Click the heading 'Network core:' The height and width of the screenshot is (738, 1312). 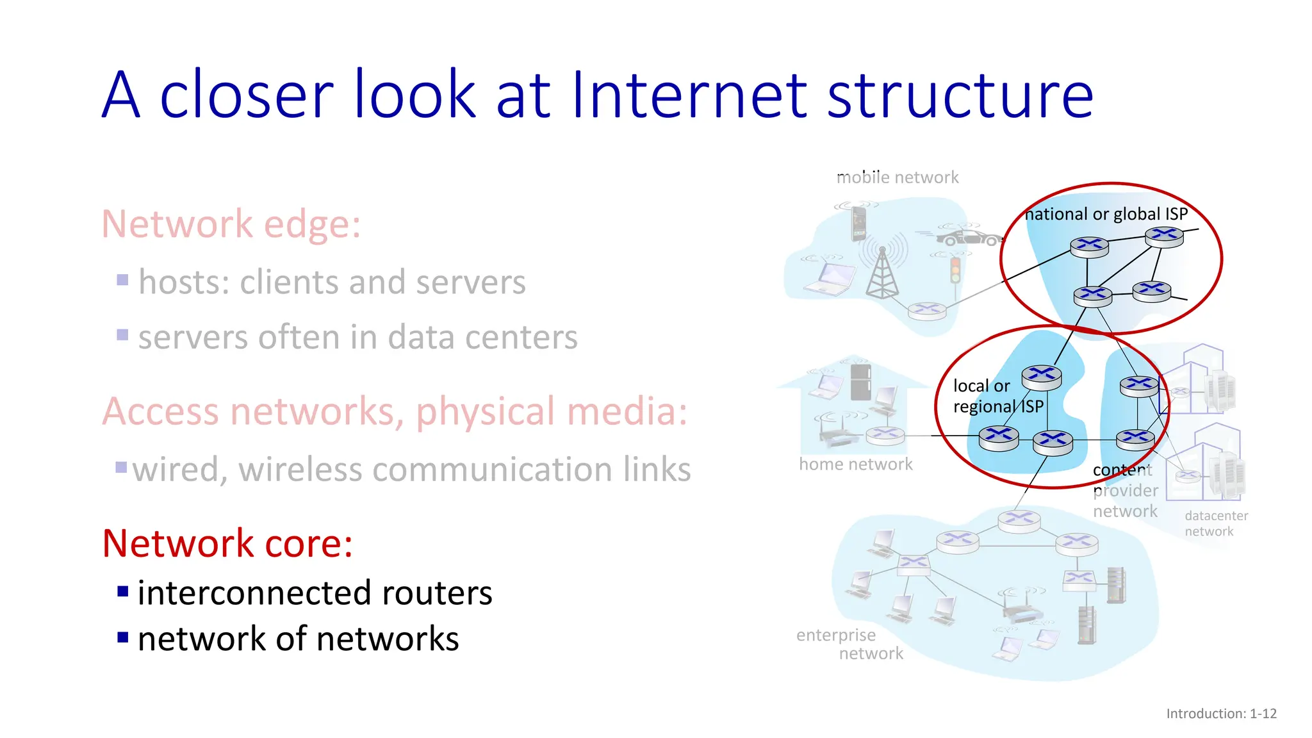click(x=227, y=543)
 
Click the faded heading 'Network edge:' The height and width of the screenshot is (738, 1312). click(x=231, y=224)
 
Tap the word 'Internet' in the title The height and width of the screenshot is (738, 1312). click(x=689, y=95)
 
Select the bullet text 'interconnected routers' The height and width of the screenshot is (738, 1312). click(x=315, y=593)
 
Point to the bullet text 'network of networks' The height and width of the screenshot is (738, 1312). click(x=298, y=639)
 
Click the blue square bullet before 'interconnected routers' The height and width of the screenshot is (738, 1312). click(x=123, y=591)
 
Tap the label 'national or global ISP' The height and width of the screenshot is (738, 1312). click(x=1106, y=214)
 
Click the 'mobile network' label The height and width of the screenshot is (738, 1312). click(x=898, y=177)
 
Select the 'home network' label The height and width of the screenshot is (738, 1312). click(x=855, y=464)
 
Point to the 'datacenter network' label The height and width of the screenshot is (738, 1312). click(x=1215, y=523)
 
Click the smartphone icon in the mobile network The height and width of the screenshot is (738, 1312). click(x=858, y=224)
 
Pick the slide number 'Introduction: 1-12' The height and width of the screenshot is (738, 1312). click(x=1221, y=714)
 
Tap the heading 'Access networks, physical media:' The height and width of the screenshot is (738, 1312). click(x=395, y=411)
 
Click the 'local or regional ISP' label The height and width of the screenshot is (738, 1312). click(x=997, y=396)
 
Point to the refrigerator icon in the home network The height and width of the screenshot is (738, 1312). click(x=860, y=382)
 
